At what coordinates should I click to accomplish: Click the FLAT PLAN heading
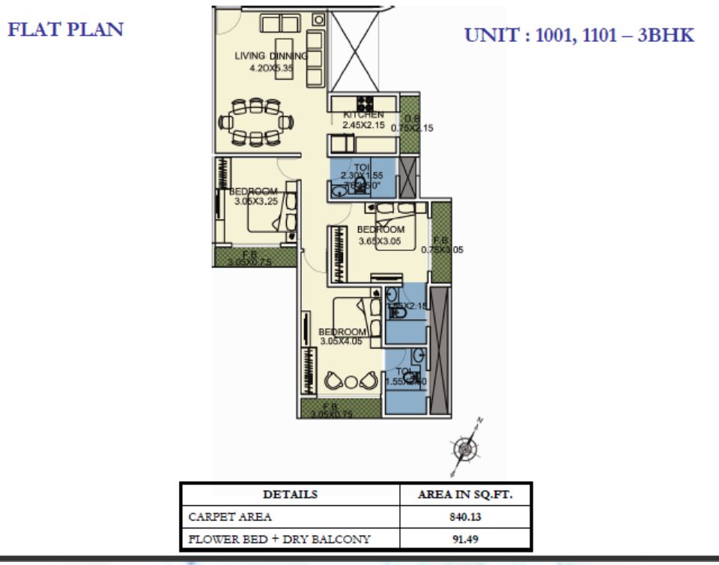65,29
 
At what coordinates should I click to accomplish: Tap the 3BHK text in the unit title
665,35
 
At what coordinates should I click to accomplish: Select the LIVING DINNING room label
270,55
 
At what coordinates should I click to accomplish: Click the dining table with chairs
256,121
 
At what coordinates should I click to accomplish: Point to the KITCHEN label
363,115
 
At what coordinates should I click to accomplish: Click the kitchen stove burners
366,103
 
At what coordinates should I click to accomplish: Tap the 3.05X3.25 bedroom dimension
255,201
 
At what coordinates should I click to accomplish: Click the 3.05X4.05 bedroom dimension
342,341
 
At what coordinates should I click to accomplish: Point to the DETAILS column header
290,495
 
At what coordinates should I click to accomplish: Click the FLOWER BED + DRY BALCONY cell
279,539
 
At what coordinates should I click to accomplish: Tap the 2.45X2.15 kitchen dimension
363,125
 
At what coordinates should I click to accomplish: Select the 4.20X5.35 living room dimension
270,67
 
